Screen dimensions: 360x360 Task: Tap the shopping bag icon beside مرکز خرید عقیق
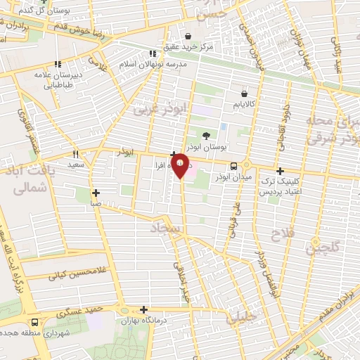point(188,37)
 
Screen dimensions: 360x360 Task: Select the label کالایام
point(244,105)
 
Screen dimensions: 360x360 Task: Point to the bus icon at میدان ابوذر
point(233,167)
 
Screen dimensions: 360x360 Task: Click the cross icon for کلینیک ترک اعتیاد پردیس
point(280,171)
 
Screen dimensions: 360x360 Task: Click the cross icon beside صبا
point(96,193)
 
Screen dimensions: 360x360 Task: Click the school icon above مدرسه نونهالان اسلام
point(153,53)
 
